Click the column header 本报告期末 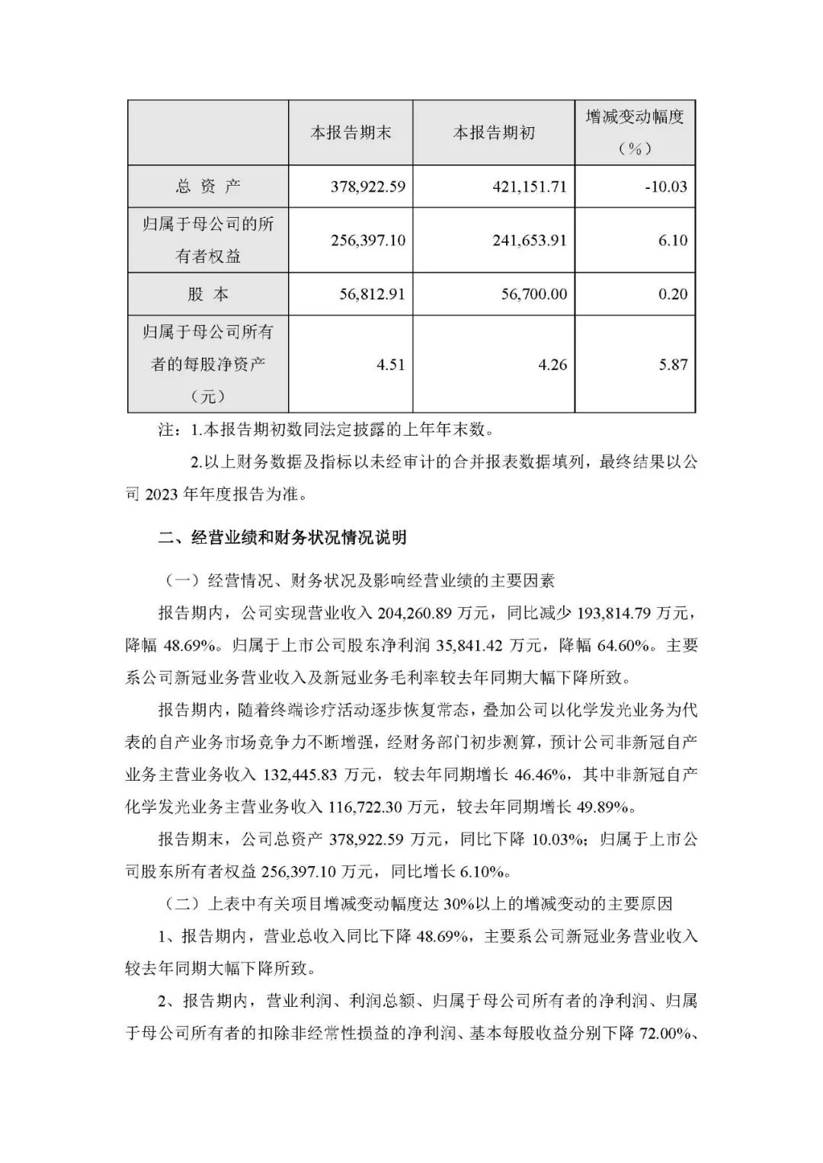351,133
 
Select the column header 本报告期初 494,133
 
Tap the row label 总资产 207,186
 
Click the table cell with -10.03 665,186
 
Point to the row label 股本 207,294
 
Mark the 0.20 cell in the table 673,294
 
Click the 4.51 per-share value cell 391,364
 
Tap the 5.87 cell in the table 673,364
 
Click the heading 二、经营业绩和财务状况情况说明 282,538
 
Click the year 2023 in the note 165,495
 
